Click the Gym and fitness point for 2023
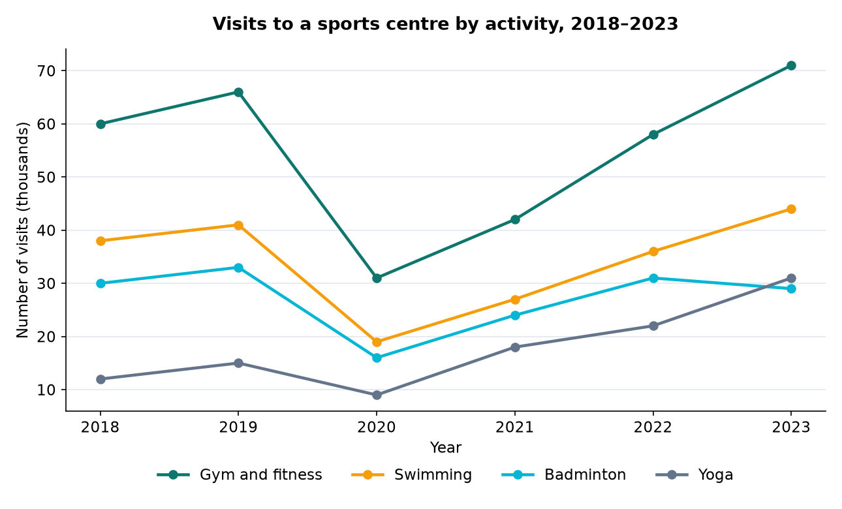tap(791, 65)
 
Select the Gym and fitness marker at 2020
tap(377, 278)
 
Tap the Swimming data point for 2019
tap(238, 225)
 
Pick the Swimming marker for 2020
tap(377, 342)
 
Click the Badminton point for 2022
tap(653, 278)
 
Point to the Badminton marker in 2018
tap(101, 283)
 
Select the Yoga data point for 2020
tap(377, 395)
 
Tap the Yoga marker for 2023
tap(791, 278)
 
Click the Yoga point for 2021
tap(516, 347)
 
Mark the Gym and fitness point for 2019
tap(238, 92)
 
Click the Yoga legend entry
tap(694, 475)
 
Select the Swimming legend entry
tap(412, 475)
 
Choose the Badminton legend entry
tap(564, 475)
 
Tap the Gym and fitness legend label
tap(261, 475)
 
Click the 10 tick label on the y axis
tap(46, 390)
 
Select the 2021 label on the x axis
tap(514, 427)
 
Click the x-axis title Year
tap(446, 448)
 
